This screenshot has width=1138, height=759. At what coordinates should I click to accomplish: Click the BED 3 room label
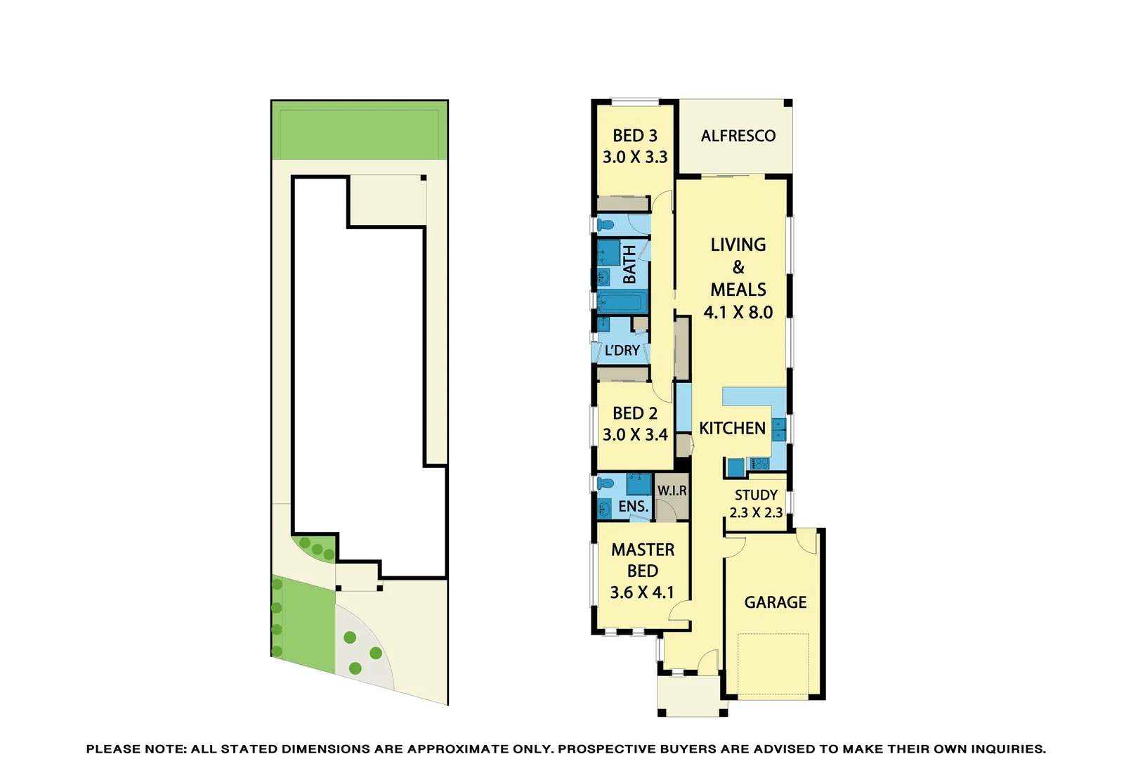pos(634,136)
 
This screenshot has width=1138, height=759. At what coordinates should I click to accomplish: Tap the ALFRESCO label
pos(738,136)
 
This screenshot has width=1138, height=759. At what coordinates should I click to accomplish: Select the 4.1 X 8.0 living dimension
pos(738,313)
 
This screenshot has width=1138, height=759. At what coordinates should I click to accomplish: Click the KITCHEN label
pos(732,429)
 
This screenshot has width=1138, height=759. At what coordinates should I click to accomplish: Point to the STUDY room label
pos(756,495)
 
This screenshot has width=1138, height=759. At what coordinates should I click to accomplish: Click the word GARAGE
pos(775,603)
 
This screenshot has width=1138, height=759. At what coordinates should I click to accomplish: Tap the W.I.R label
pos(672,491)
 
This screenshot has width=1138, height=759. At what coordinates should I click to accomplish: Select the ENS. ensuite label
pos(633,507)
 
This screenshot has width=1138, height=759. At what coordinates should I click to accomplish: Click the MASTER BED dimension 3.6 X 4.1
pos(641,593)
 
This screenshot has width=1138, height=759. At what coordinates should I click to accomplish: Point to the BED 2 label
pos(634,413)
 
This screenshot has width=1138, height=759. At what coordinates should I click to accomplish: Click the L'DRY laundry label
pos(622,351)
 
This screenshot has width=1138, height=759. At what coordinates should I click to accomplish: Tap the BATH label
pos(629,264)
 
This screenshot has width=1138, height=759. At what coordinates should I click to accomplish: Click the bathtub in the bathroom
pos(621,303)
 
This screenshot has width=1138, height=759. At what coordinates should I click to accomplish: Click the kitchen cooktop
pos(760,465)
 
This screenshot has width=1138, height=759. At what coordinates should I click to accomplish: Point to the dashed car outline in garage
pos(772,664)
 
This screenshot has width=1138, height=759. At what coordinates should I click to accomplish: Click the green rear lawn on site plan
pos(359,131)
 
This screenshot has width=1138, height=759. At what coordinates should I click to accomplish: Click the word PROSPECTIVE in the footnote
pos(607,749)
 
